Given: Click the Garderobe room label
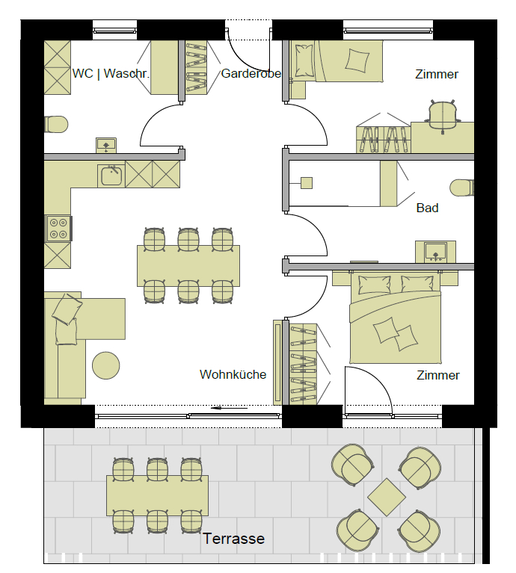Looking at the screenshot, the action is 251,73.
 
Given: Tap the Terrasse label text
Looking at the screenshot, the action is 233,539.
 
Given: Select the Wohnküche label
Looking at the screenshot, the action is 233,374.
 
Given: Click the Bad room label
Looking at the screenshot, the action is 427,208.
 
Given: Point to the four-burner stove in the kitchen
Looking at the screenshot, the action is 58,229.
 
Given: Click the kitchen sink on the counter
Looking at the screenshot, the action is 111,176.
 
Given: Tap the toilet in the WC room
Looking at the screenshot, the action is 55,124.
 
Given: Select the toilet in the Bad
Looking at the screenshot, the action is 462,188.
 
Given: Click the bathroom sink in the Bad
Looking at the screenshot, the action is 435,252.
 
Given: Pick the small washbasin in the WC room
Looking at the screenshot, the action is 106,145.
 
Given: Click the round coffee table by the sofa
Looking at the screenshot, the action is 105,365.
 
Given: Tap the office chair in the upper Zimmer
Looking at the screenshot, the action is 443,116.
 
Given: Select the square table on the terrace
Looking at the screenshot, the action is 387,497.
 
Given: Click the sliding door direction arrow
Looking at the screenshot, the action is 230,408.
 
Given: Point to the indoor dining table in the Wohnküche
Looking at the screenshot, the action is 188,266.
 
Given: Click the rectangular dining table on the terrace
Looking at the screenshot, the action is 157,495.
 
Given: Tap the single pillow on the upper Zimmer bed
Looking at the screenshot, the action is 357,59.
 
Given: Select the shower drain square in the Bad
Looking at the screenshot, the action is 307,183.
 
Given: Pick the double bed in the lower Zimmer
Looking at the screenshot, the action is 396,318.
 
